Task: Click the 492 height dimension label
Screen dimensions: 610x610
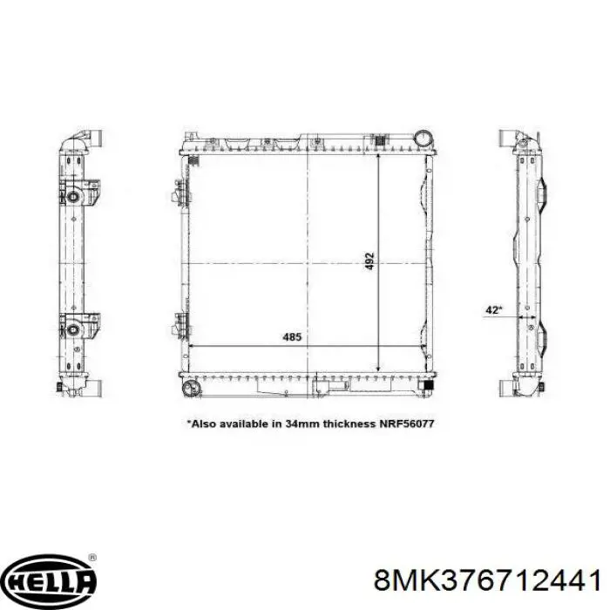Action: coord(370,261)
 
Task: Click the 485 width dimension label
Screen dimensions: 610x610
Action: coord(292,337)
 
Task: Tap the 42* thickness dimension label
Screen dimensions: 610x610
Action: coord(494,310)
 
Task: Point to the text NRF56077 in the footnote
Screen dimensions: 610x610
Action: coord(407,424)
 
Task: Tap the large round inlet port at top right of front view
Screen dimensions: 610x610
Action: coord(424,138)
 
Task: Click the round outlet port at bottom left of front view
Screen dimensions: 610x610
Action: coord(191,388)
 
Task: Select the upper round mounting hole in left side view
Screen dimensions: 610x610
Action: coord(73,196)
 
